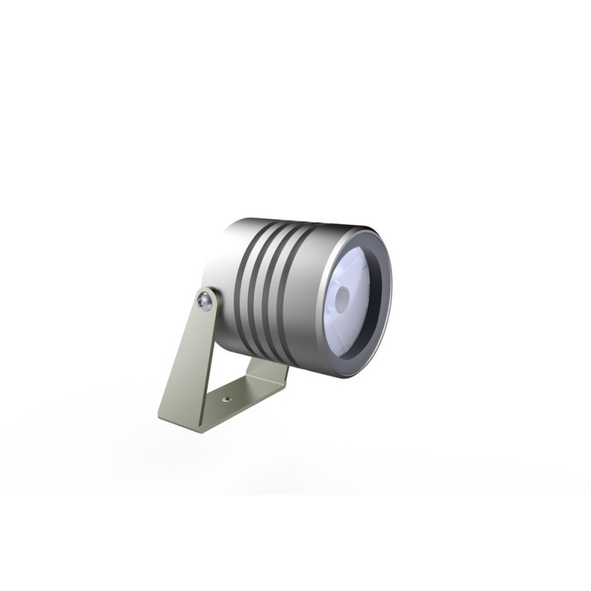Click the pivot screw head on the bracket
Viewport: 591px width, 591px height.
click(x=205, y=300)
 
